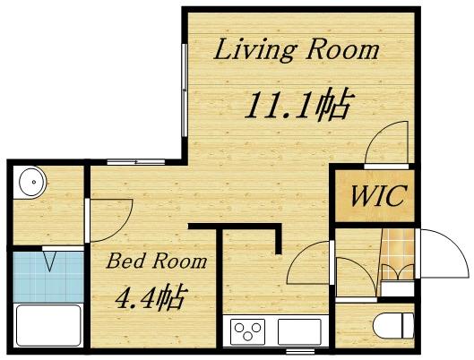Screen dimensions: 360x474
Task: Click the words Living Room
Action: (x=295, y=51)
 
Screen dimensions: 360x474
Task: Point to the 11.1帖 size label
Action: (x=297, y=107)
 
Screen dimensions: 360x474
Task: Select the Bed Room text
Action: (x=157, y=261)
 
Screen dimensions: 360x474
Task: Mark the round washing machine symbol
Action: (x=31, y=183)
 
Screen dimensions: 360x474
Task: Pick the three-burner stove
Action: (x=249, y=332)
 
